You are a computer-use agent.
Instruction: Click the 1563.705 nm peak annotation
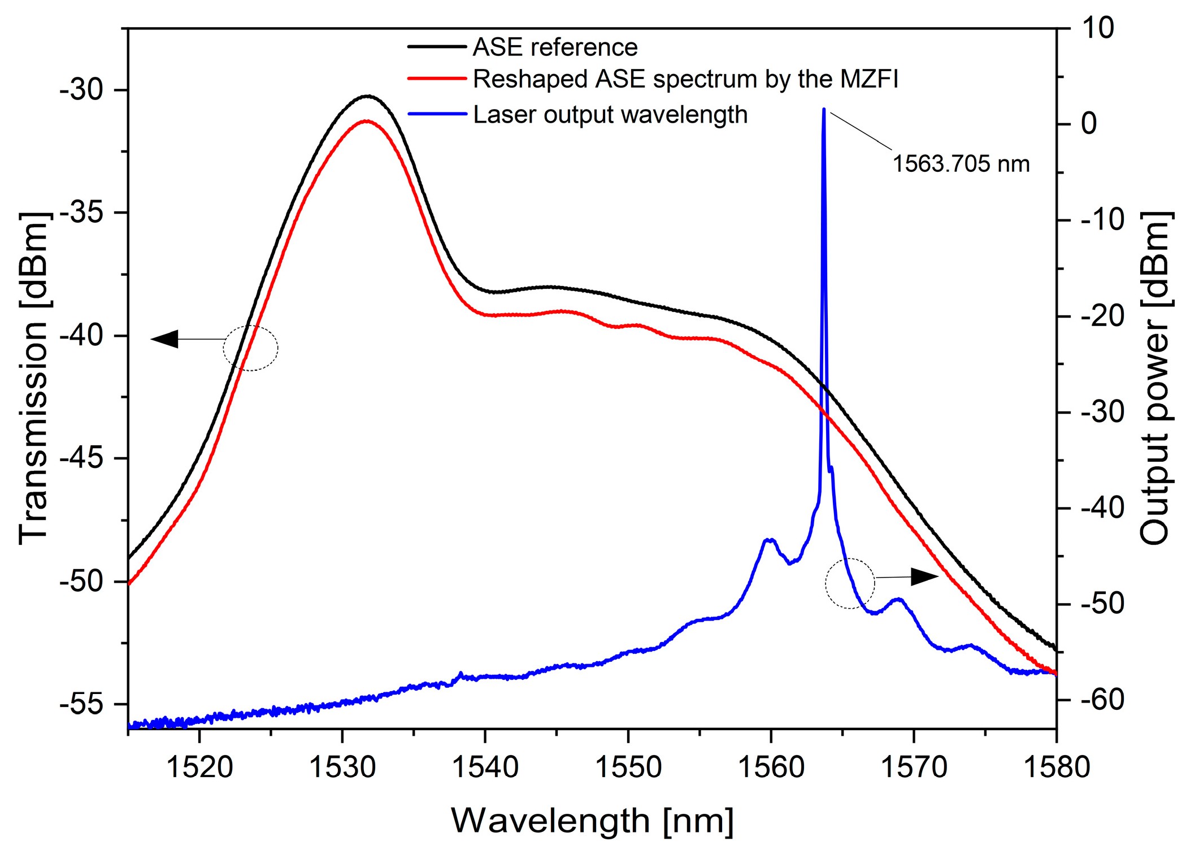pos(961,164)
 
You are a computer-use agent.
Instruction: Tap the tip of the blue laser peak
pos(824,109)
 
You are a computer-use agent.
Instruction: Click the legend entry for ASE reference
pos(555,47)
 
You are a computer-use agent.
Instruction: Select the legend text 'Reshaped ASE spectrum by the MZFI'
pos(685,79)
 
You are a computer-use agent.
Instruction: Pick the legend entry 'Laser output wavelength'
pos(610,115)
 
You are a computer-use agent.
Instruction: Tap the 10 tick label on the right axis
pos(1097,28)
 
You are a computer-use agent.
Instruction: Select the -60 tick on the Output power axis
pos(1102,700)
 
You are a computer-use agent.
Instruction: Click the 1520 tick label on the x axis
pos(199,767)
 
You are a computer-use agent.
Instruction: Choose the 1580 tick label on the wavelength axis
pos(1056,767)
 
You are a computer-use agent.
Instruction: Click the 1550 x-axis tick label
pos(628,767)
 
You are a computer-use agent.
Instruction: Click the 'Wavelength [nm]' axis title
pos(592,821)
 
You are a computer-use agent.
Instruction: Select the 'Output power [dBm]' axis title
pos(1154,379)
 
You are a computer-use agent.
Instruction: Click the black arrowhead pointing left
pos(165,339)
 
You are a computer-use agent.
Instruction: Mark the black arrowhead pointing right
pos(924,577)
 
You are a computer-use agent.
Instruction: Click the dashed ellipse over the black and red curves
pos(251,348)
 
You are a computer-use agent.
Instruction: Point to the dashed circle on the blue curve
pos(850,583)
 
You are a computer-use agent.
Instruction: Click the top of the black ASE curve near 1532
pos(368,96)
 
